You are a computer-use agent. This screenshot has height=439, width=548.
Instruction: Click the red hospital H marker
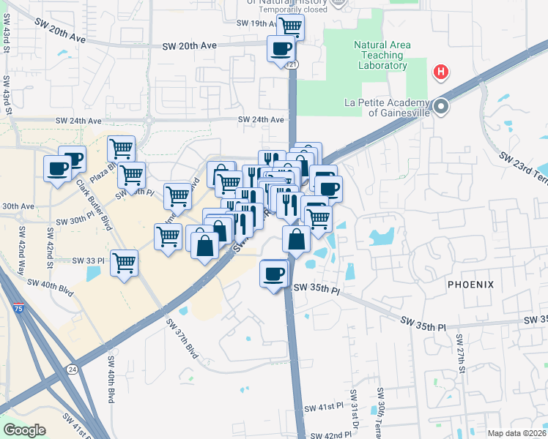pos(441,72)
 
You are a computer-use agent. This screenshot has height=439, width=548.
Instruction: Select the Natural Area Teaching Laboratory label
pos(382,55)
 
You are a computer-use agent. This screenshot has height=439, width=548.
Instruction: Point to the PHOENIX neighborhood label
pos(471,284)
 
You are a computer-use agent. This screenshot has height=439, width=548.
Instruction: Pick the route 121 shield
pos(293,65)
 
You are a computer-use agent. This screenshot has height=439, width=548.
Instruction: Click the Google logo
pos(24,430)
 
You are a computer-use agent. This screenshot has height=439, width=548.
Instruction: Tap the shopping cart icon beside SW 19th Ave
pos(290,27)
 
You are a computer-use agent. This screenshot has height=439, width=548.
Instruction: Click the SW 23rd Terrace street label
pos(522,169)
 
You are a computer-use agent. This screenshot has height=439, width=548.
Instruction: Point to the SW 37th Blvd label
pos(182,338)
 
